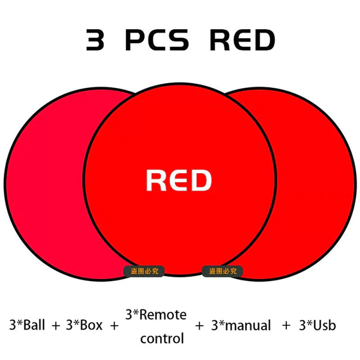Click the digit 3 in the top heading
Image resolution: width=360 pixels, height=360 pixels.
point(95,40)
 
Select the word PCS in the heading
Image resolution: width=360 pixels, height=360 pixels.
point(157,40)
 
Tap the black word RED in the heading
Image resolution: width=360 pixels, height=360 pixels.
point(242,40)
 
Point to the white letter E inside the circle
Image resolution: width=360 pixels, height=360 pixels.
point(179,180)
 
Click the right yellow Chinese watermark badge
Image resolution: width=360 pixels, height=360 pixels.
point(222,271)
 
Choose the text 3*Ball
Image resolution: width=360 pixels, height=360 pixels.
point(27,325)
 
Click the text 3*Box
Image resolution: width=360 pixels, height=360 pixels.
point(84,325)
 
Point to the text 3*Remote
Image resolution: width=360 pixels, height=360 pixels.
point(156,315)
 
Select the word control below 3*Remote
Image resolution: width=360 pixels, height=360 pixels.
point(162,338)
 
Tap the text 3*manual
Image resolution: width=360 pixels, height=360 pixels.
point(241,325)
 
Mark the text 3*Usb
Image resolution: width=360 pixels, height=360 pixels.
point(318,325)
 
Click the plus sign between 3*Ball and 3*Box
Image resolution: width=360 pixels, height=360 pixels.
point(55,325)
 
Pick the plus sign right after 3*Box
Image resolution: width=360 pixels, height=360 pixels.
point(113,325)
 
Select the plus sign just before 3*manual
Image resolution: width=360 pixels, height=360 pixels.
point(199,325)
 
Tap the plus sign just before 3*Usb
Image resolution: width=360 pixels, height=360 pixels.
point(286,325)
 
